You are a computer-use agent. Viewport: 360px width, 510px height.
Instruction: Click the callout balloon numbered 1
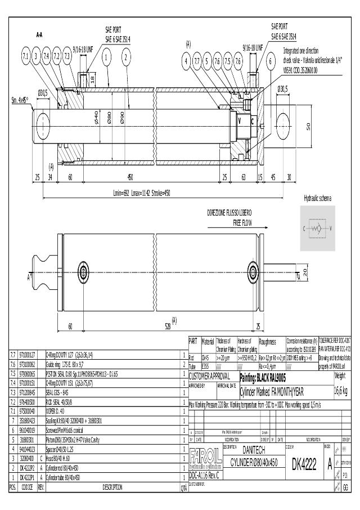[106, 56]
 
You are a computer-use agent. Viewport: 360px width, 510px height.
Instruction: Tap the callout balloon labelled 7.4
[47, 56]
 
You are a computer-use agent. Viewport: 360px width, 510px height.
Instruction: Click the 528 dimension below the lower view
[167, 326]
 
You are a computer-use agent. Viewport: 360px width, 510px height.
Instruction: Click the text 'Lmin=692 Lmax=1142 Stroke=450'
[142, 193]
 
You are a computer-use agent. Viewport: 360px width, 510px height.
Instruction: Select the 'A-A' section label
[40, 35]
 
